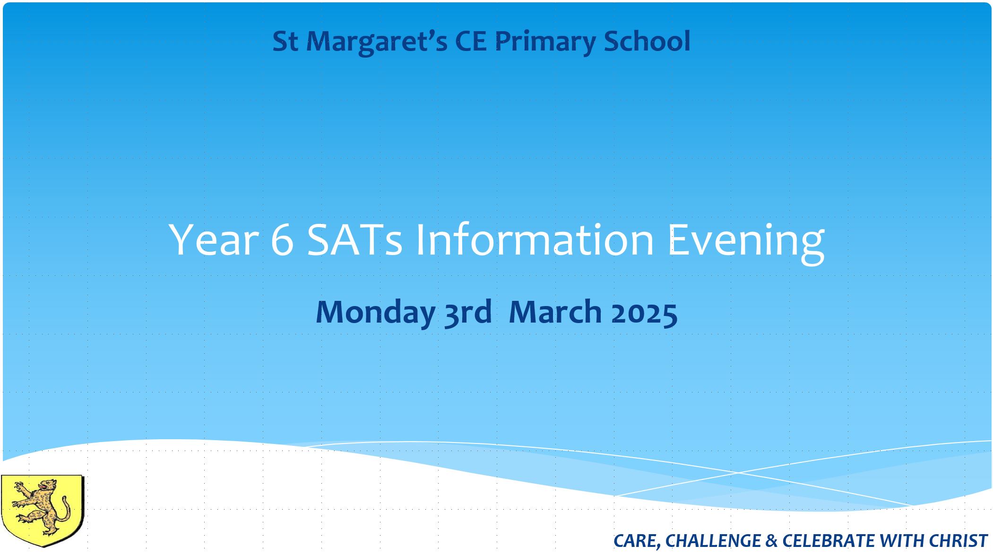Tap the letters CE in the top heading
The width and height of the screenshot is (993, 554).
tap(471, 41)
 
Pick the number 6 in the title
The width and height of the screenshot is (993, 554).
tap(283, 240)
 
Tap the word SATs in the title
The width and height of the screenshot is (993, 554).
tap(354, 240)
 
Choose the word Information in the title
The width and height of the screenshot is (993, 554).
tap(535, 239)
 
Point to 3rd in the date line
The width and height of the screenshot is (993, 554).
tap(468, 312)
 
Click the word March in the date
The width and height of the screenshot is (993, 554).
tap(555, 312)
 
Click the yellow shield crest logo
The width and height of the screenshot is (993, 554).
tap(42, 511)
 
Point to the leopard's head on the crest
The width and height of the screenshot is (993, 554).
tap(47, 486)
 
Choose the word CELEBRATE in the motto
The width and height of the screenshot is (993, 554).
tap(829, 541)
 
